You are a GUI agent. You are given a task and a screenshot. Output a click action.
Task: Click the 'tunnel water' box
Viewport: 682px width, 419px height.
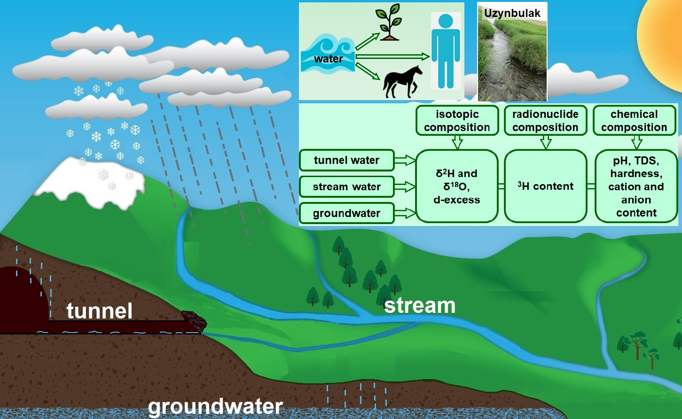pyautogui.click(x=346, y=160)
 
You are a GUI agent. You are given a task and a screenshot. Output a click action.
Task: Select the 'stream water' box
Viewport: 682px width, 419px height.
pyautogui.click(x=346, y=187)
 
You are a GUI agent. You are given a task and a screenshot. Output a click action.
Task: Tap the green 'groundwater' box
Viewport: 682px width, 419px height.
pyautogui.click(x=346, y=213)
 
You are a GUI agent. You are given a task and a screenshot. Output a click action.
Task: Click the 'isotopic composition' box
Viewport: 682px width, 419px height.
pyautogui.click(x=457, y=121)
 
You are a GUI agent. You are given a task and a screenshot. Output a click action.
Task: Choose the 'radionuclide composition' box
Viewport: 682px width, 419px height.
pyautogui.click(x=545, y=121)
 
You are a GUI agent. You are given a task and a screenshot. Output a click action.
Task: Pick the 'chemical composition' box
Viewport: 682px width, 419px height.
pyautogui.click(x=634, y=121)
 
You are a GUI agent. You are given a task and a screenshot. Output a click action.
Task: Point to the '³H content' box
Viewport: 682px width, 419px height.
pyautogui.click(x=545, y=186)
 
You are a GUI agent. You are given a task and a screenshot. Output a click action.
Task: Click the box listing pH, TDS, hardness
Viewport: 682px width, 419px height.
pyautogui.click(x=636, y=186)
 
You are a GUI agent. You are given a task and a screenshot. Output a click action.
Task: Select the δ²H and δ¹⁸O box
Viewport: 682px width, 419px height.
pyautogui.click(x=456, y=186)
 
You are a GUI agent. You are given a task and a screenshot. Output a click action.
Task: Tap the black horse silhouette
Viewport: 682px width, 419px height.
pyautogui.click(x=402, y=82)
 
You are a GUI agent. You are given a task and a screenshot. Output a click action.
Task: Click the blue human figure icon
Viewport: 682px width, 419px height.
pyautogui.click(x=445, y=51)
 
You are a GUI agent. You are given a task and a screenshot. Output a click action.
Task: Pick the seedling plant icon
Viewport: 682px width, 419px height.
pyautogui.click(x=389, y=22)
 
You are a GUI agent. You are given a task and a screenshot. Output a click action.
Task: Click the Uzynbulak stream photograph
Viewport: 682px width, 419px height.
pyautogui.click(x=512, y=56)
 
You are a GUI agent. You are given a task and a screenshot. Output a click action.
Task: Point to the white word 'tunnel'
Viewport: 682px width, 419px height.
pyautogui.click(x=99, y=311)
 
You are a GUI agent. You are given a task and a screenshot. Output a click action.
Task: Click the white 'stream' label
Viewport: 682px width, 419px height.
pyautogui.click(x=420, y=306)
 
